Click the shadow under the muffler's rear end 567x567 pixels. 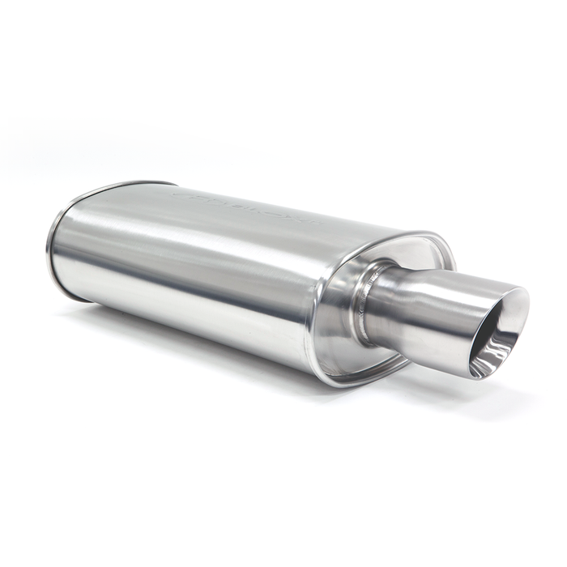[89, 312]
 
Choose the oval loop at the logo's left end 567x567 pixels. [183, 194]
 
